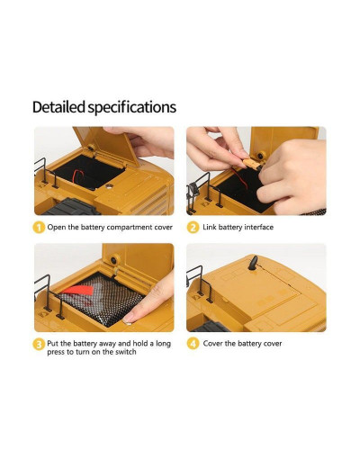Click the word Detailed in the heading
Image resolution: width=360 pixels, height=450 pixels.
click(58, 107)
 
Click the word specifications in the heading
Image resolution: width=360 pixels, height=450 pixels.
click(131, 108)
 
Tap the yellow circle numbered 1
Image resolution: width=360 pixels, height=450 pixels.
click(39, 228)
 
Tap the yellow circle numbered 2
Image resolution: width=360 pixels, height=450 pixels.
click(193, 228)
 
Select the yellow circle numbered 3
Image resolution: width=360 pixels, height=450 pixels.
click(39, 344)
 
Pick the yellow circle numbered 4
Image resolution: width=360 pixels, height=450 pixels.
click(193, 344)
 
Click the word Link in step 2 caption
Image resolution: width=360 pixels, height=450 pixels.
click(210, 227)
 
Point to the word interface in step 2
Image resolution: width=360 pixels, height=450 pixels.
click(259, 227)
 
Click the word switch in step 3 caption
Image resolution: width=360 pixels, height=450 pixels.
click(126, 352)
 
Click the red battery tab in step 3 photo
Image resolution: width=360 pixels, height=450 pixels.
click(77, 290)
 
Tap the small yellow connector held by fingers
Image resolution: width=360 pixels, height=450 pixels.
click(251, 164)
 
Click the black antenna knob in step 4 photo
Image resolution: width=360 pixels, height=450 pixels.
click(253, 263)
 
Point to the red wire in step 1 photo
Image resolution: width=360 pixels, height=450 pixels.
click(79, 176)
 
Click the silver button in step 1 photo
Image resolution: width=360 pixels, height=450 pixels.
click(110, 186)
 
